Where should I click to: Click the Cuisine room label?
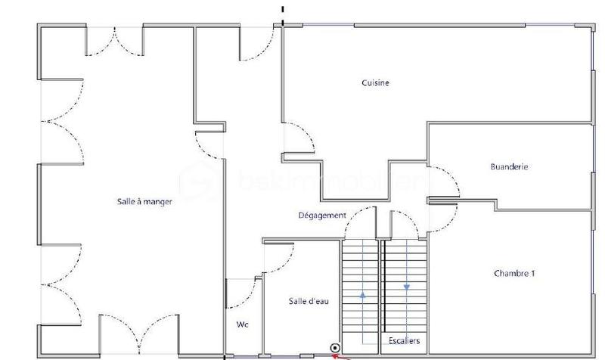[375, 83]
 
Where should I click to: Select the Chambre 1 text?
[514, 273]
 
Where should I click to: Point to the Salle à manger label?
[145, 201]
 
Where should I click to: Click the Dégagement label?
[321, 216]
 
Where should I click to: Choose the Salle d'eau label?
[309, 301]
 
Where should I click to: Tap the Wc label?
[242, 324]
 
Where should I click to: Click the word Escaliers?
[405, 340]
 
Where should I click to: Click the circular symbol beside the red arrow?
[334, 348]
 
